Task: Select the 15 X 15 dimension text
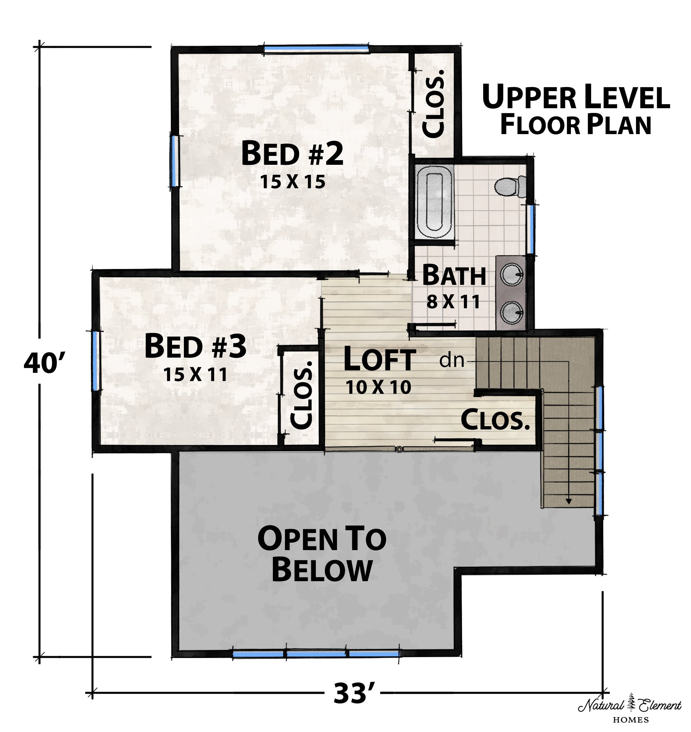pyautogui.click(x=293, y=182)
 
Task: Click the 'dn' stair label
pyautogui.click(x=452, y=360)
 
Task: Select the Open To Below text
pyautogui.click(x=322, y=554)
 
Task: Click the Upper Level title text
pyautogui.click(x=576, y=109)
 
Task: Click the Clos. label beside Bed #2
pyautogui.click(x=433, y=104)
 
